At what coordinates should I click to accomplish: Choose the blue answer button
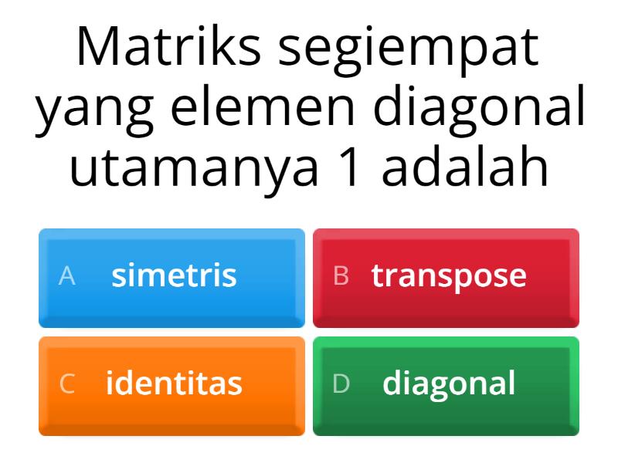point(171,276)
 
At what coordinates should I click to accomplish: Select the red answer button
point(446,276)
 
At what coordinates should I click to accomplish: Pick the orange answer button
point(171,384)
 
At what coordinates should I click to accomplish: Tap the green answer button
point(446,384)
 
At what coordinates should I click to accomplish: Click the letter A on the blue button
point(67,276)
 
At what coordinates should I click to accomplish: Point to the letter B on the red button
point(341,276)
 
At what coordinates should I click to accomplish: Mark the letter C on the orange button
point(67,384)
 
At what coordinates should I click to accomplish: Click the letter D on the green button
point(341,384)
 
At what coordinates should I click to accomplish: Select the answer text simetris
point(174,275)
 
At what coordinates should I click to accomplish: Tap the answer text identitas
point(174,384)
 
